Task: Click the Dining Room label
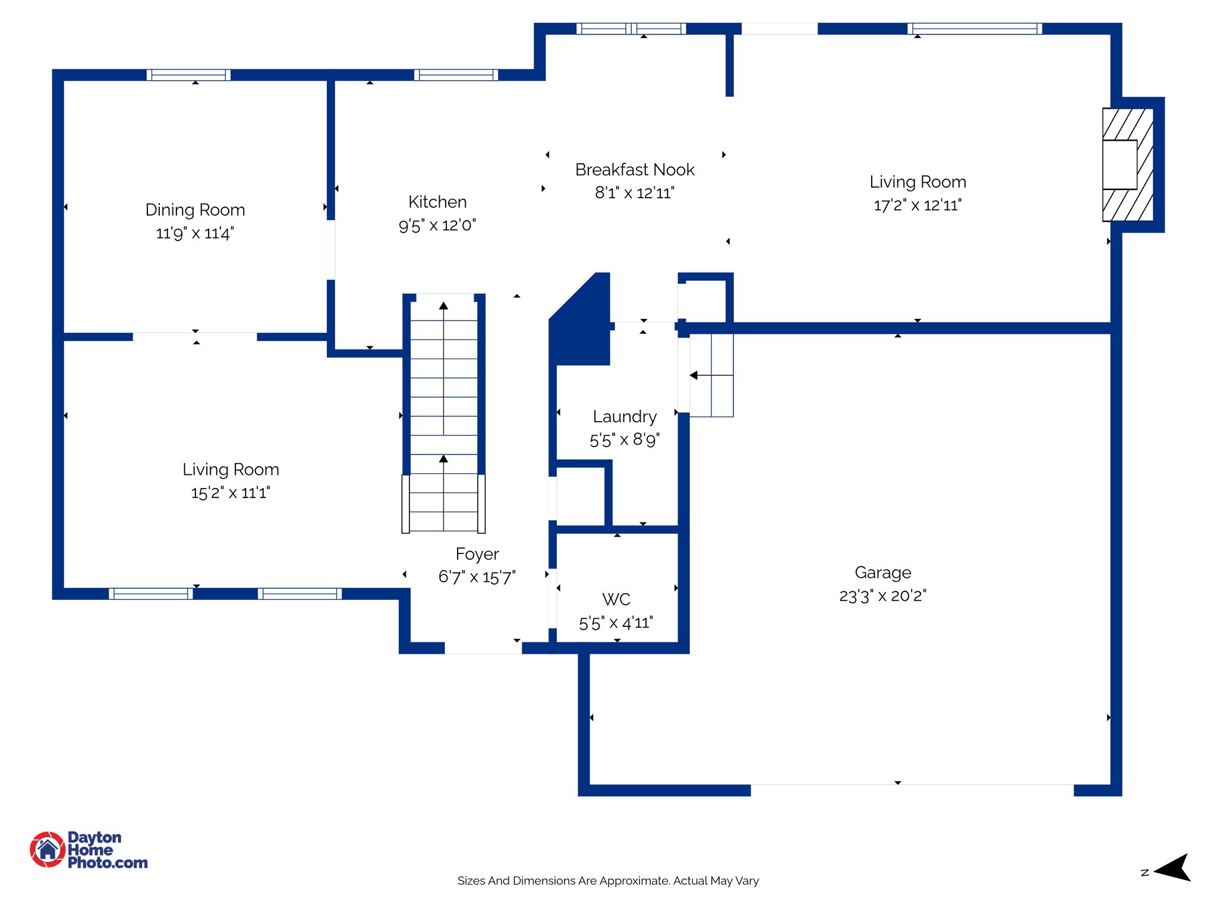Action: click(195, 210)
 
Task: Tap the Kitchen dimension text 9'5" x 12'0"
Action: click(437, 226)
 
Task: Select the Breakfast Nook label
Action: click(635, 170)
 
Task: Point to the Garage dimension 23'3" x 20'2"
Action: click(882, 596)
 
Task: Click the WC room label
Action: click(616, 599)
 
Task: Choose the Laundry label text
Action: click(625, 417)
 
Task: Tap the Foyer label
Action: click(477, 554)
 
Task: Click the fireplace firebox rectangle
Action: click(1120, 164)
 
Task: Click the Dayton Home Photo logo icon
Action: click(48, 849)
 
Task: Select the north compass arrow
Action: click(1173, 869)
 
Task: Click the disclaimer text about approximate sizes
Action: click(608, 881)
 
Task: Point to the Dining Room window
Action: click(188, 75)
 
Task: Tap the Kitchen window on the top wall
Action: click(456, 75)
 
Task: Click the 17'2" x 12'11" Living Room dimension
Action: click(918, 205)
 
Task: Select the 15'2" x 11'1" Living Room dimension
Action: click(231, 493)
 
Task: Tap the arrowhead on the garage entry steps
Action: click(693, 375)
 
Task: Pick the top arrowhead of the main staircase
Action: click(443, 306)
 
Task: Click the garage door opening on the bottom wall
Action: click(912, 790)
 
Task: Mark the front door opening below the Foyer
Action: click(483, 648)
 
